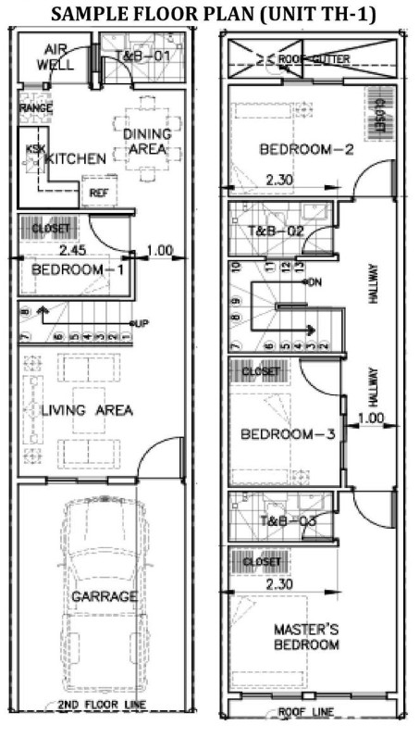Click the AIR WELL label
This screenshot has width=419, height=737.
click(55, 57)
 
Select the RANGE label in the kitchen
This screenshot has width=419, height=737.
click(34, 107)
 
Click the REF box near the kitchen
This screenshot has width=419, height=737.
click(99, 193)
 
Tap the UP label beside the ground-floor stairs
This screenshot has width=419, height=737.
click(142, 323)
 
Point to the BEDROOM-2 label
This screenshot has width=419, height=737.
click(306, 149)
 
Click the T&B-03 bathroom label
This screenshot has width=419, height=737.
click(287, 521)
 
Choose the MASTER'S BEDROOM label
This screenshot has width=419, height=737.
click(306, 637)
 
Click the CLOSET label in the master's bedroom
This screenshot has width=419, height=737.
click(261, 562)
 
